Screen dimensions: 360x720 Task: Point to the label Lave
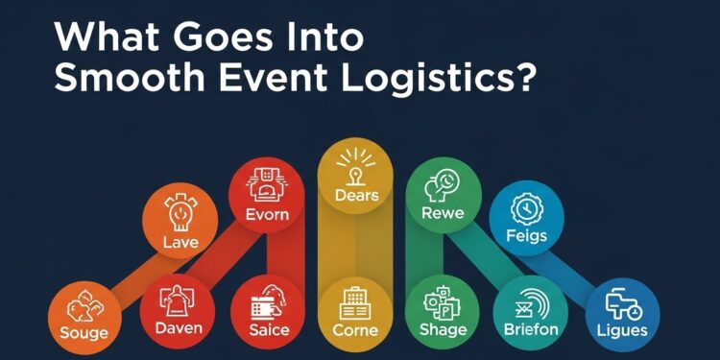point(180,242)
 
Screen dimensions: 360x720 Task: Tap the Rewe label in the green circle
point(443,213)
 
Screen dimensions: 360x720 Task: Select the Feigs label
point(526,236)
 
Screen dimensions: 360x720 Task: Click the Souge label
point(83,332)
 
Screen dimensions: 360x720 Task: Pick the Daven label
point(179,330)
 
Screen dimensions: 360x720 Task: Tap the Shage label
point(444,330)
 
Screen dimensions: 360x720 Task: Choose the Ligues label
point(621,330)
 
